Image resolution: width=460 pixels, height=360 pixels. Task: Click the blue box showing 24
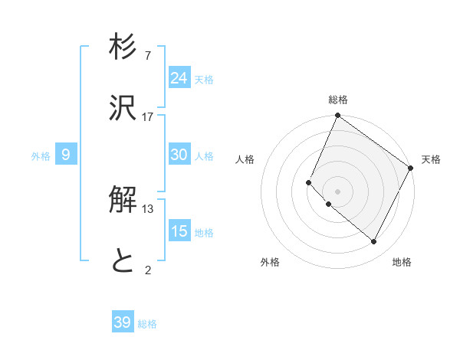click(x=179, y=78)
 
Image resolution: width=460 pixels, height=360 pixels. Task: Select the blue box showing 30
click(x=179, y=155)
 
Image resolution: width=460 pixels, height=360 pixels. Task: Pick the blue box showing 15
click(x=179, y=231)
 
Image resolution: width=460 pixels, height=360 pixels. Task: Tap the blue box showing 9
click(x=66, y=155)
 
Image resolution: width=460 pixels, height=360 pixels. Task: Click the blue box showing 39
click(x=123, y=322)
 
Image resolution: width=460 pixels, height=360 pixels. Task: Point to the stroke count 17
click(x=148, y=116)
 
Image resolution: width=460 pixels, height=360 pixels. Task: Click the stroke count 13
click(x=148, y=209)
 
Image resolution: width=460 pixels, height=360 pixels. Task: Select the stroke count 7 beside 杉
click(x=148, y=56)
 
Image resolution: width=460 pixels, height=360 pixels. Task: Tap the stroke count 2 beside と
click(x=148, y=269)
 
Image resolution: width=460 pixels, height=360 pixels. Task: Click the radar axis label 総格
click(x=338, y=100)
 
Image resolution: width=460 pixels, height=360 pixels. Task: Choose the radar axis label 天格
click(x=431, y=159)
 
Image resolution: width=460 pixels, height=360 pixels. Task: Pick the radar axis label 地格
click(x=402, y=262)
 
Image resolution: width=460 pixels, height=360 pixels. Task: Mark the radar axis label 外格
click(x=270, y=262)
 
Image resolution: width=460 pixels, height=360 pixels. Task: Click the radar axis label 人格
click(x=245, y=159)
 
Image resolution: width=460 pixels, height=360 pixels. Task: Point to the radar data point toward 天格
click(x=410, y=168)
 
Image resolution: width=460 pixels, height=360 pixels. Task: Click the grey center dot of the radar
click(x=337, y=191)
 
